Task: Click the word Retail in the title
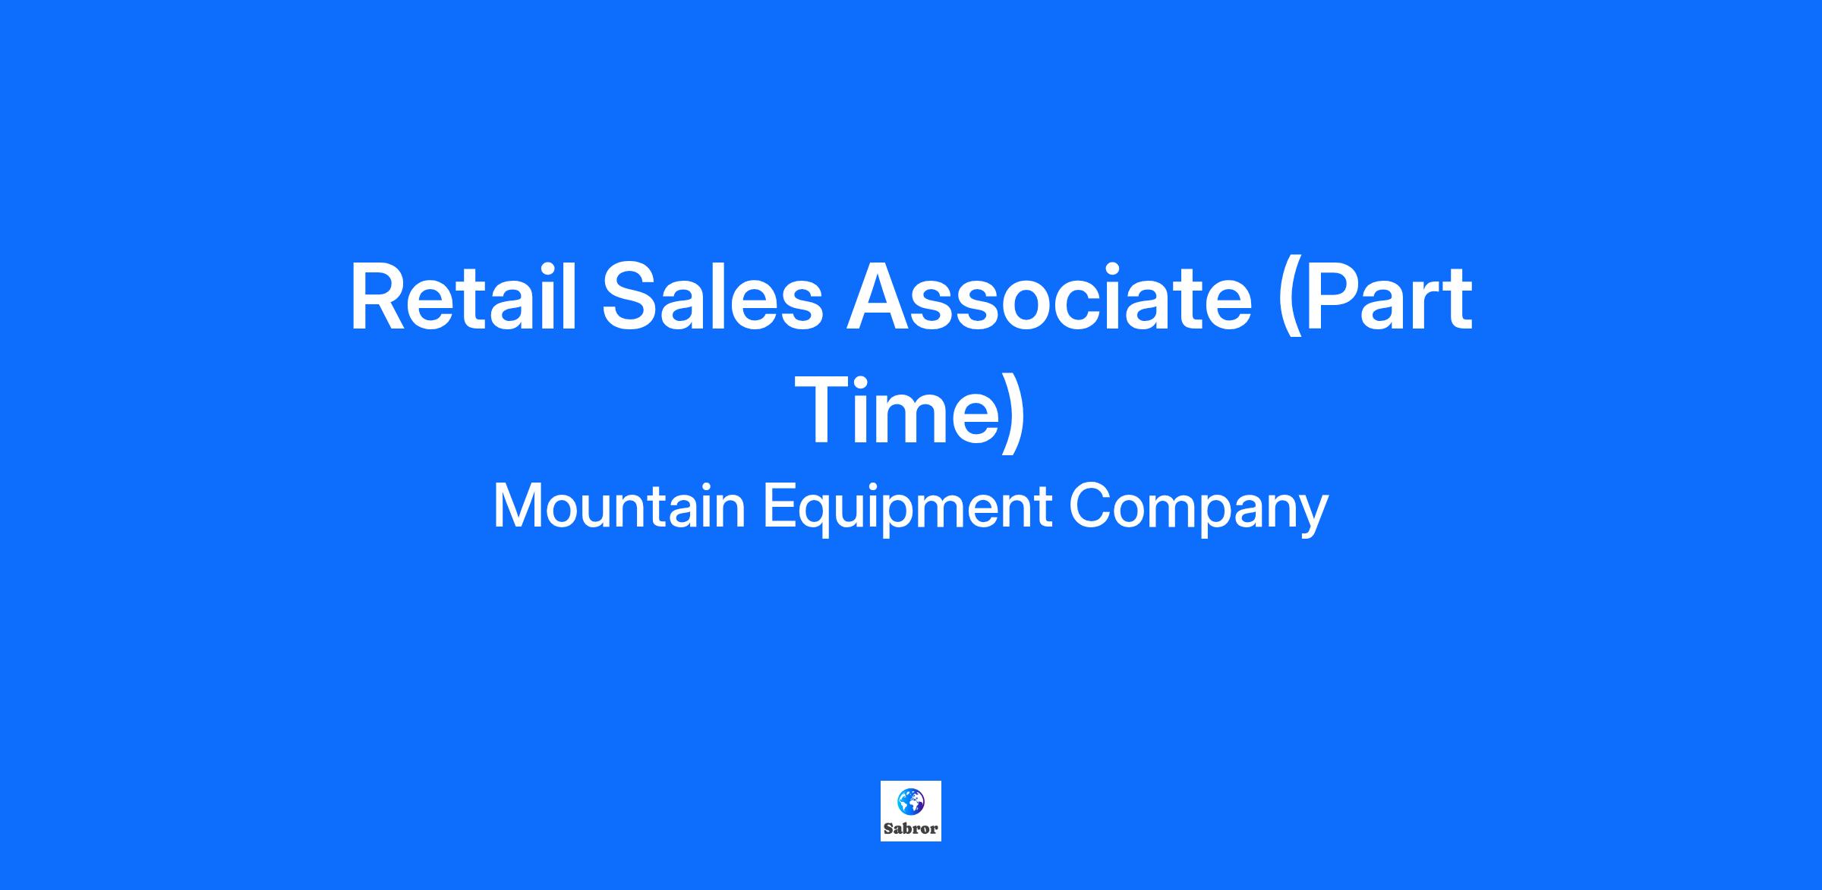(462, 297)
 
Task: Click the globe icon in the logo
(911, 800)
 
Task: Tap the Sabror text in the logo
(911, 829)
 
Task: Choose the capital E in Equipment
(779, 507)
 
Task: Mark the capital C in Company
(1089, 507)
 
